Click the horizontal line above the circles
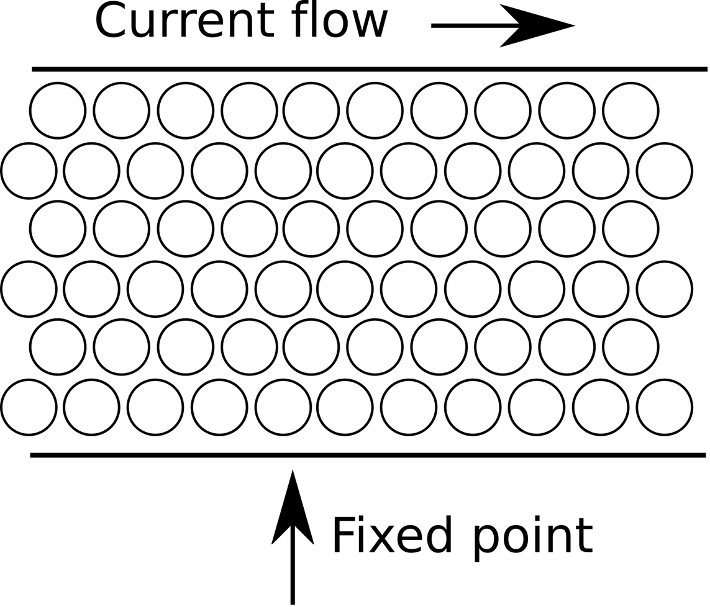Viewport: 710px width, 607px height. pyautogui.click(x=370, y=69)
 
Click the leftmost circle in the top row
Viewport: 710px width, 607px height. pyautogui.click(x=57, y=111)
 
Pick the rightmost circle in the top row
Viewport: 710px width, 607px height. pyautogui.click(x=630, y=111)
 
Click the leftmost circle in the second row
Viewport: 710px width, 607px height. pyautogui.click(x=29, y=170)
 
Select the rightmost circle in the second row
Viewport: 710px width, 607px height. pyautogui.click(x=664, y=170)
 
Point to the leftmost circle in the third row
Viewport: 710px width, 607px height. pyautogui.click(x=57, y=228)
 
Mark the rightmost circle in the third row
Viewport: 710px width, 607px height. pyautogui.click(x=630, y=228)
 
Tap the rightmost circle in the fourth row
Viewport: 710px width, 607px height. pyautogui.click(x=664, y=289)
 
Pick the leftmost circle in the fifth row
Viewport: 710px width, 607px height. pyautogui.click(x=57, y=347)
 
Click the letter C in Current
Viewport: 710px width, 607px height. pyautogui.click(x=113, y=21)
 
